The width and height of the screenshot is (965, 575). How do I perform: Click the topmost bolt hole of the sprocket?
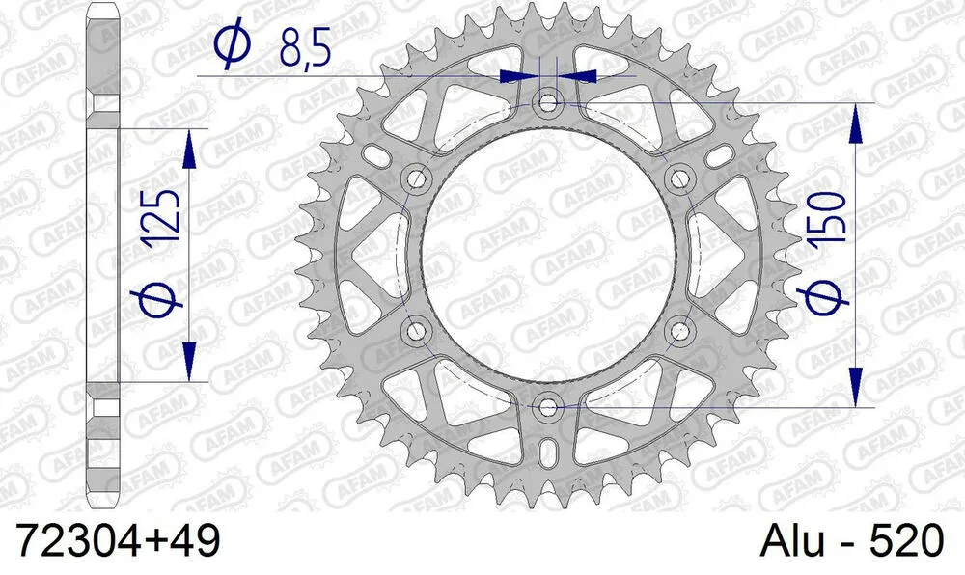tap(549, 101)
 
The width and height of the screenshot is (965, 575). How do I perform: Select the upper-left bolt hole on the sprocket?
tap(417, 178)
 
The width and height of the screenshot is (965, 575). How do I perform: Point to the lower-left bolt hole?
tap(417, 330)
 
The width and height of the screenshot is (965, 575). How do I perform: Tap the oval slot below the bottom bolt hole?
tap(549, 452)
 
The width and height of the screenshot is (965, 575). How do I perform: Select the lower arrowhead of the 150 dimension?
tap(856, 386)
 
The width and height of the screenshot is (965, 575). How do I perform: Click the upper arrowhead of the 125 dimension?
tap(189, 145)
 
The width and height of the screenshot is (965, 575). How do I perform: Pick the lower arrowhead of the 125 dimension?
tap(189, 365)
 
